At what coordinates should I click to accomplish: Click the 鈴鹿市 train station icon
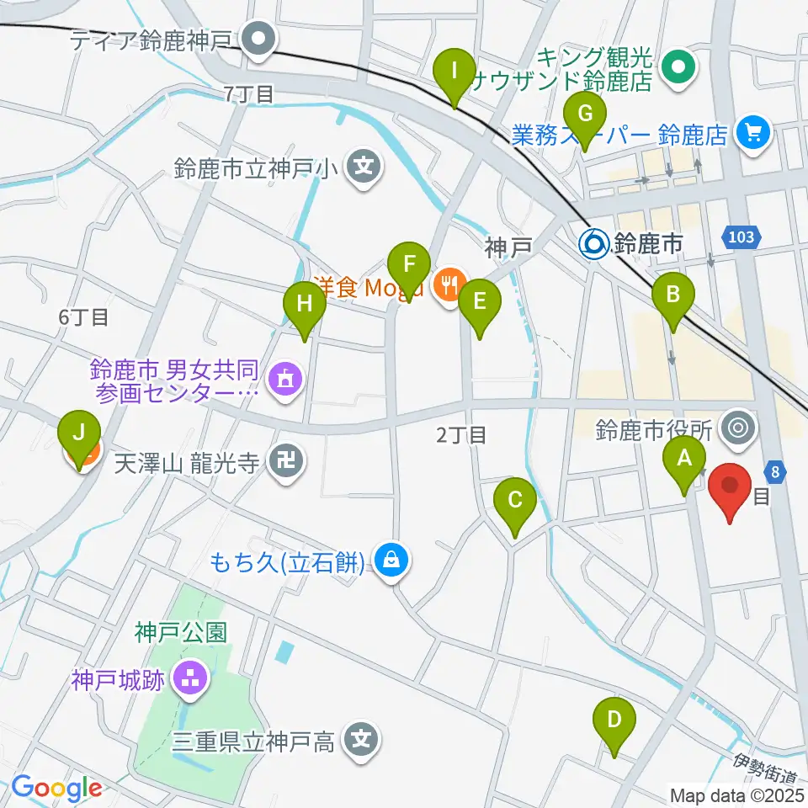click(x=594, y=245)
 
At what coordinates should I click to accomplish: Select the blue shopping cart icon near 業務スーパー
click(x=752, y=134)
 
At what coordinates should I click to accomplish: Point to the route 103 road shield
click(x=742, y=237)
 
